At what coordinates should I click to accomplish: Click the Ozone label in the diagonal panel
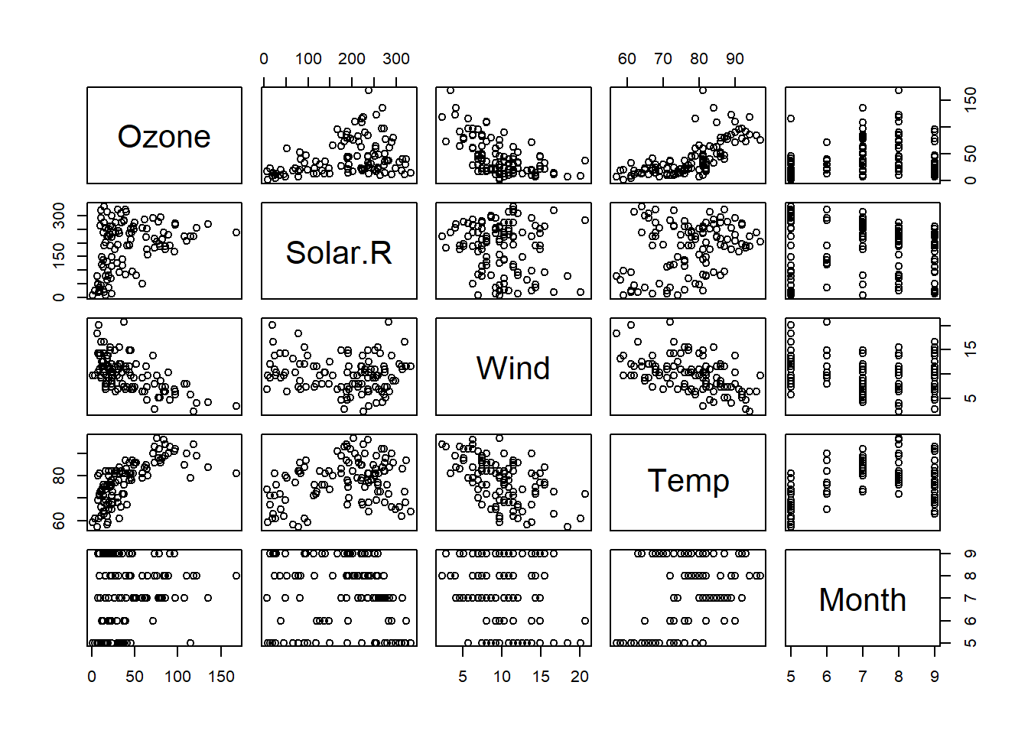(164, 136)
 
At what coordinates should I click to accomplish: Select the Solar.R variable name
(339, 252)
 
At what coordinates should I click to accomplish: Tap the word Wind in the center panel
(513, 368)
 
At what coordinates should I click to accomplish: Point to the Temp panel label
(688, 481)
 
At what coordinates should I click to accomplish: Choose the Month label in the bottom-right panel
(862, 599)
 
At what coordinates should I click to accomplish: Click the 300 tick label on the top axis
(396, 59)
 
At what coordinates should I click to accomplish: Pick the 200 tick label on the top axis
(352, 59)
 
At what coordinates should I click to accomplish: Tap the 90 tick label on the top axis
(735, 59)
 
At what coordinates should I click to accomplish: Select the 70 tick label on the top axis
(663, 59)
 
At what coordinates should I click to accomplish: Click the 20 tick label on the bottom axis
(580, 677)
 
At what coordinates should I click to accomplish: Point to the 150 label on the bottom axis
(221, 677)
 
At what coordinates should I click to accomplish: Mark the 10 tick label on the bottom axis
(502, 677)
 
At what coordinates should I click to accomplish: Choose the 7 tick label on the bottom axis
(862, 677)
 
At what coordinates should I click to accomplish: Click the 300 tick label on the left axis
(59, 215)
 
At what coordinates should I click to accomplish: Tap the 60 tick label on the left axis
(59, 520)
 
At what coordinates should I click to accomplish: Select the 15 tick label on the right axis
(971, 348)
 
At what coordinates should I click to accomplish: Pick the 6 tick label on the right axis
(971, 620)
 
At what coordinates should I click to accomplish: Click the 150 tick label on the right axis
(971, 99)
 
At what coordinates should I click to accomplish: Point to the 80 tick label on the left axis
(59, 476)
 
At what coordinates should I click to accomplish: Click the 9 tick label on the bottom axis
(935, 677)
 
